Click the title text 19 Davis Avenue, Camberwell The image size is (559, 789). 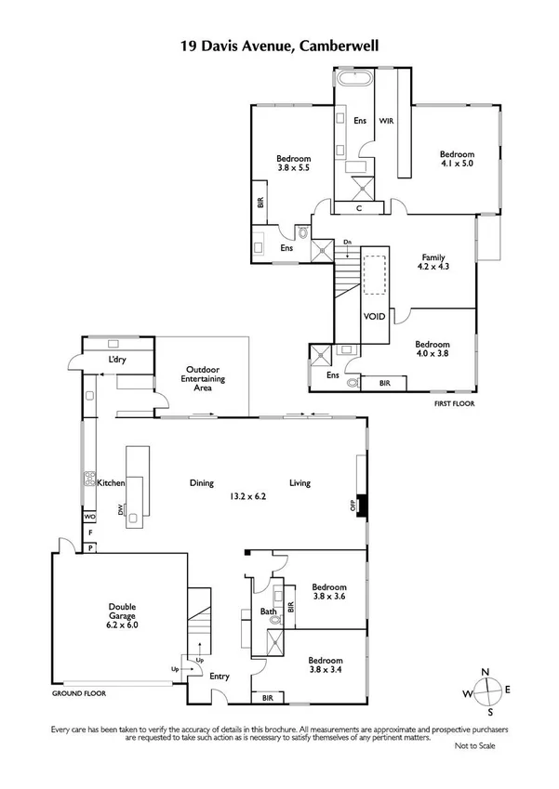click(x=279, y=44)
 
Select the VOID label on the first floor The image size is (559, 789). click(x=374, y=317)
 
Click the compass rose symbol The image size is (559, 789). click(x=486, y=692)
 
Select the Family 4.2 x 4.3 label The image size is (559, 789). click(x=433, y=263)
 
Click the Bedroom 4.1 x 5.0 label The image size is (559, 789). click(x=457, y=159)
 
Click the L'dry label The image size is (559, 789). click(x=117, y=360)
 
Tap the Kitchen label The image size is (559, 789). click(x=111, y=483)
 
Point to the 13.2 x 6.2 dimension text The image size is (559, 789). click(x=248, y=496)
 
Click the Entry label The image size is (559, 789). click(x=220, y=677)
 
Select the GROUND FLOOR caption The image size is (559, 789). click(x=79, y=693)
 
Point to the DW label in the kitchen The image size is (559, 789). click(x=121, y=509)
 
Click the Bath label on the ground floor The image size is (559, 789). click(x=268, y=611)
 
